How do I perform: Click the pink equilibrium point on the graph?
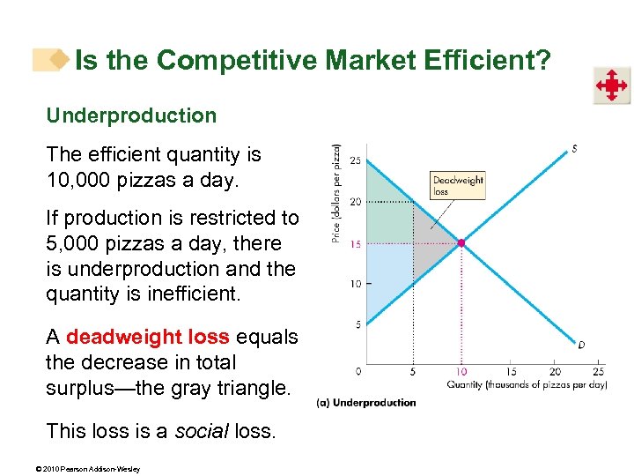tap(461, 242)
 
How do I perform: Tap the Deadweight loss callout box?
tap(458, 185)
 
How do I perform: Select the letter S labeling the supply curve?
tap(574, 149)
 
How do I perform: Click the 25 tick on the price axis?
tap(355, 160)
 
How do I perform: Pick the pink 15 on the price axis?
tap(355, 243)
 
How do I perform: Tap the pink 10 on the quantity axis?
tap(461, 371)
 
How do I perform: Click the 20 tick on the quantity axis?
tap(556, 371)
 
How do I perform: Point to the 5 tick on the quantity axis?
tap(412, 371)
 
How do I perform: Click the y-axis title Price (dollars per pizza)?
tap(336, 194)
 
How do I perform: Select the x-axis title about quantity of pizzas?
tap(527, 384)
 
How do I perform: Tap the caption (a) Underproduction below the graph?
tap(366, 403)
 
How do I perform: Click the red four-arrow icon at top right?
tap(610, 86)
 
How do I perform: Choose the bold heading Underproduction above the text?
tap(131, 115)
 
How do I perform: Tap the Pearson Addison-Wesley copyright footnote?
tap(92, 468)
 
